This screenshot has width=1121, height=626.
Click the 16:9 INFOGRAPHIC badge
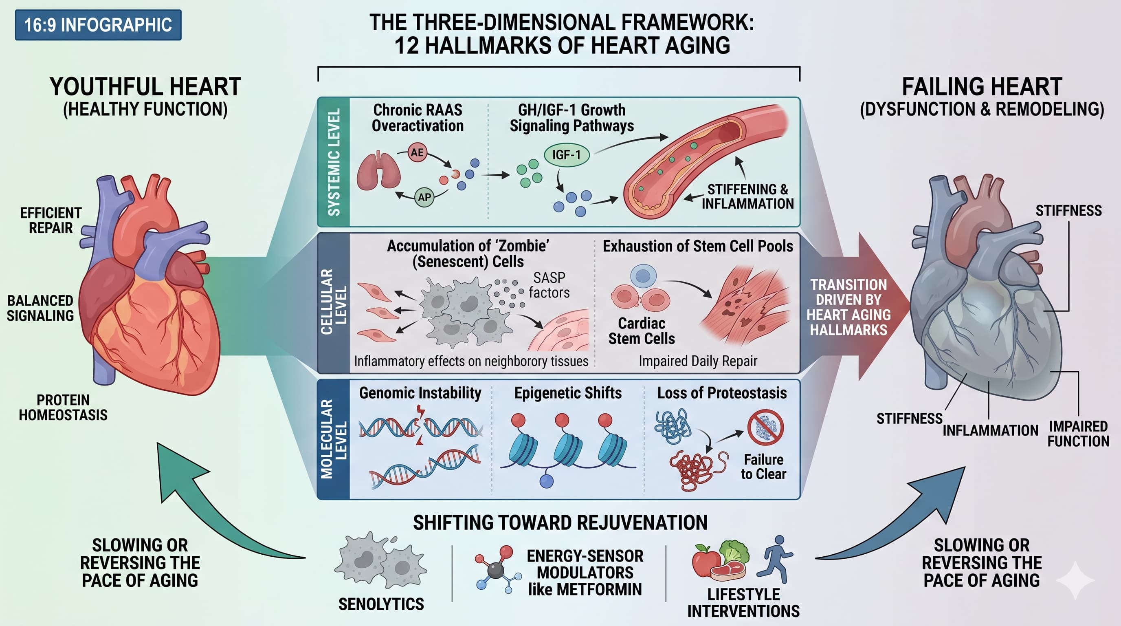pos(98,25)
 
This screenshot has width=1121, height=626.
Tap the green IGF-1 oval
pos(567,154)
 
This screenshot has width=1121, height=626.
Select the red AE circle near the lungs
pos(417,152)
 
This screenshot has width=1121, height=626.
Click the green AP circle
pos(424,197)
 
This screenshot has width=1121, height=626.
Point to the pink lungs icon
pos(378,171)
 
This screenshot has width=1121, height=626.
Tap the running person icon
pos(776,559)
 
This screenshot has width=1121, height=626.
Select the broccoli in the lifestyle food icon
pos(735,551)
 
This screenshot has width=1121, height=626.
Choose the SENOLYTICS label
pos(381,604)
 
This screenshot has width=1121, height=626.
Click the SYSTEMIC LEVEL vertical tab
pos(334,162)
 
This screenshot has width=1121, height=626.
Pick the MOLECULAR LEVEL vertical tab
pos(334,439)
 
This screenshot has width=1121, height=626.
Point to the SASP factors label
pos(549,285)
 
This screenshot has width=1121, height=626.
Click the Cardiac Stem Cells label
pos(642,331)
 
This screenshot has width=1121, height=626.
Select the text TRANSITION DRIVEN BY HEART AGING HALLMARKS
pos(848,307)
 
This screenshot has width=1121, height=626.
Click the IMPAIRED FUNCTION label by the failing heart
pos(1078,434)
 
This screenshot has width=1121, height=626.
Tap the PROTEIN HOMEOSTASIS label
pos(63,408)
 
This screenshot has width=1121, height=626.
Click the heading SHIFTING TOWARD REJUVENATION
pos(560,522)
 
